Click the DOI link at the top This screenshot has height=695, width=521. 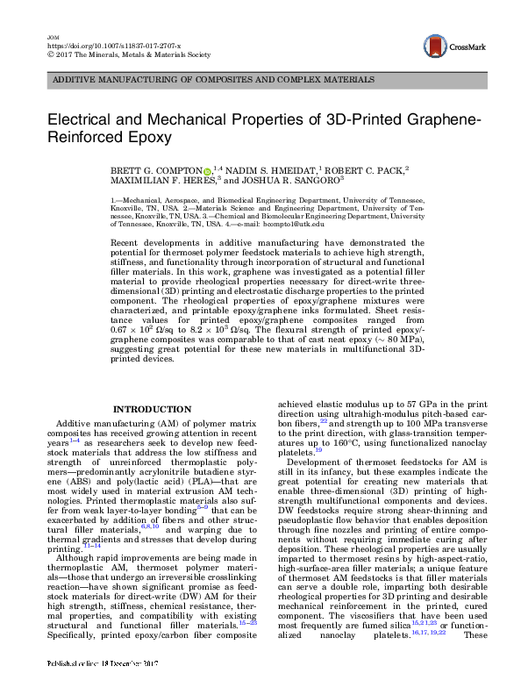[x=106, y=45]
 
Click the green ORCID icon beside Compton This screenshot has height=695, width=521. [x=231, y=172]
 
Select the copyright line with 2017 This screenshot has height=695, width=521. [x=127, y=54]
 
